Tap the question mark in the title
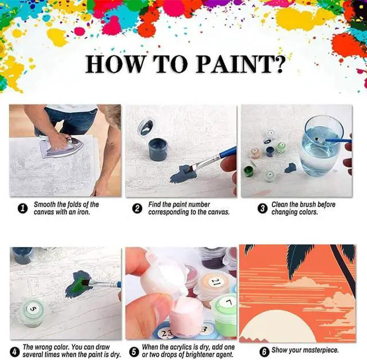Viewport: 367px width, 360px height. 279,64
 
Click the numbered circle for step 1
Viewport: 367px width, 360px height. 23,208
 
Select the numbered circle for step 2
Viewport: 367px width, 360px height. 137,208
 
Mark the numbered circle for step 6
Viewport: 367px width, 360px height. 264,351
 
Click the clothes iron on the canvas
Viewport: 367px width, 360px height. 61,147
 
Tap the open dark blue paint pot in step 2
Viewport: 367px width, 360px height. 158,149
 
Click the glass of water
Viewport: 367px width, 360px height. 321,146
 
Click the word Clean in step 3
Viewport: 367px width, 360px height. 280,204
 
